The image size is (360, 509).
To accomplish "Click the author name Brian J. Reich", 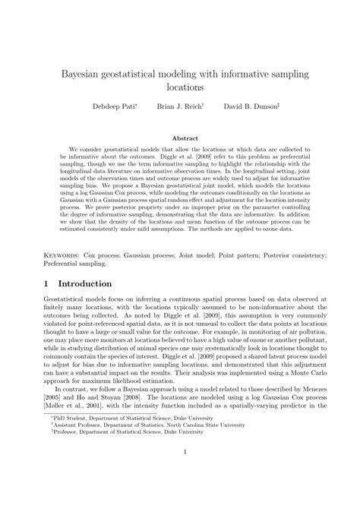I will [180, 107].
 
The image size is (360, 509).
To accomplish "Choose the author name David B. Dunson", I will [251, 107].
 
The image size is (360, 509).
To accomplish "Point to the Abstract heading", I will [180, 139].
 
